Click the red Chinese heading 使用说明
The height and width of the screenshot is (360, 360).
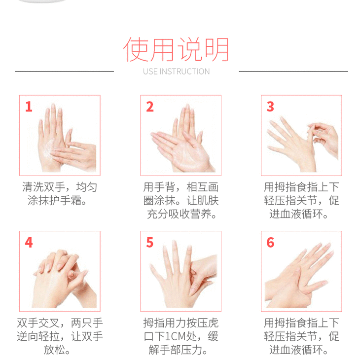(x=176, y=49)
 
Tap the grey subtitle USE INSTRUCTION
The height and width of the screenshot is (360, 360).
(x=177, y=72)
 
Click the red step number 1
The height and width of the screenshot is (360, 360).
(x=29, y=107)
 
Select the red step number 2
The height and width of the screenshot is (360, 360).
(x=150, y=107)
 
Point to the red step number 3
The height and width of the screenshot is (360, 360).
(x=270, y=107)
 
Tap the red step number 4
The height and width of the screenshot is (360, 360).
(x=29, y=243)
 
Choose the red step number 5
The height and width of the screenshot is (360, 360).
(x=150, y=243)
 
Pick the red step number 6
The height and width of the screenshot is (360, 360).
(x=270, y=243)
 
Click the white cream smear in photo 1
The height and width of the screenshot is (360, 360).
(x=49, y=149)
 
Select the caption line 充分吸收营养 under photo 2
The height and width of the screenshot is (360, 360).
(x=181, y=214)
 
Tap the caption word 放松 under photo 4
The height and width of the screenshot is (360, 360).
(x=54, y=350)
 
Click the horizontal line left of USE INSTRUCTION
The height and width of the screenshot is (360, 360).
(x=64, y=71)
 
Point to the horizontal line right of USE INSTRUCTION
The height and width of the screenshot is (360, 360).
(x=293, y=71)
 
